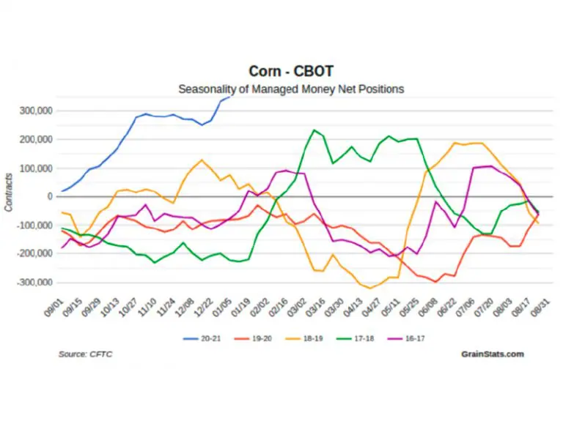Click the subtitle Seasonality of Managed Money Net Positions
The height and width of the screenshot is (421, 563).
(291, 89)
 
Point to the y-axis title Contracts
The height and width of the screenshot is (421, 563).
(8, 192)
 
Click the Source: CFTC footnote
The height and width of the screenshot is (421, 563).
(85, 354)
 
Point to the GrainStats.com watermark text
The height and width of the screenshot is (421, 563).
(493, 354)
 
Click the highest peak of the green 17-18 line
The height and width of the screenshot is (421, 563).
(314, 130)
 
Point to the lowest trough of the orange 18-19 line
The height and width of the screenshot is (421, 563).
(371, 288)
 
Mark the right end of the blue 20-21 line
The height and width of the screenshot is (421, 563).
(232, 97)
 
